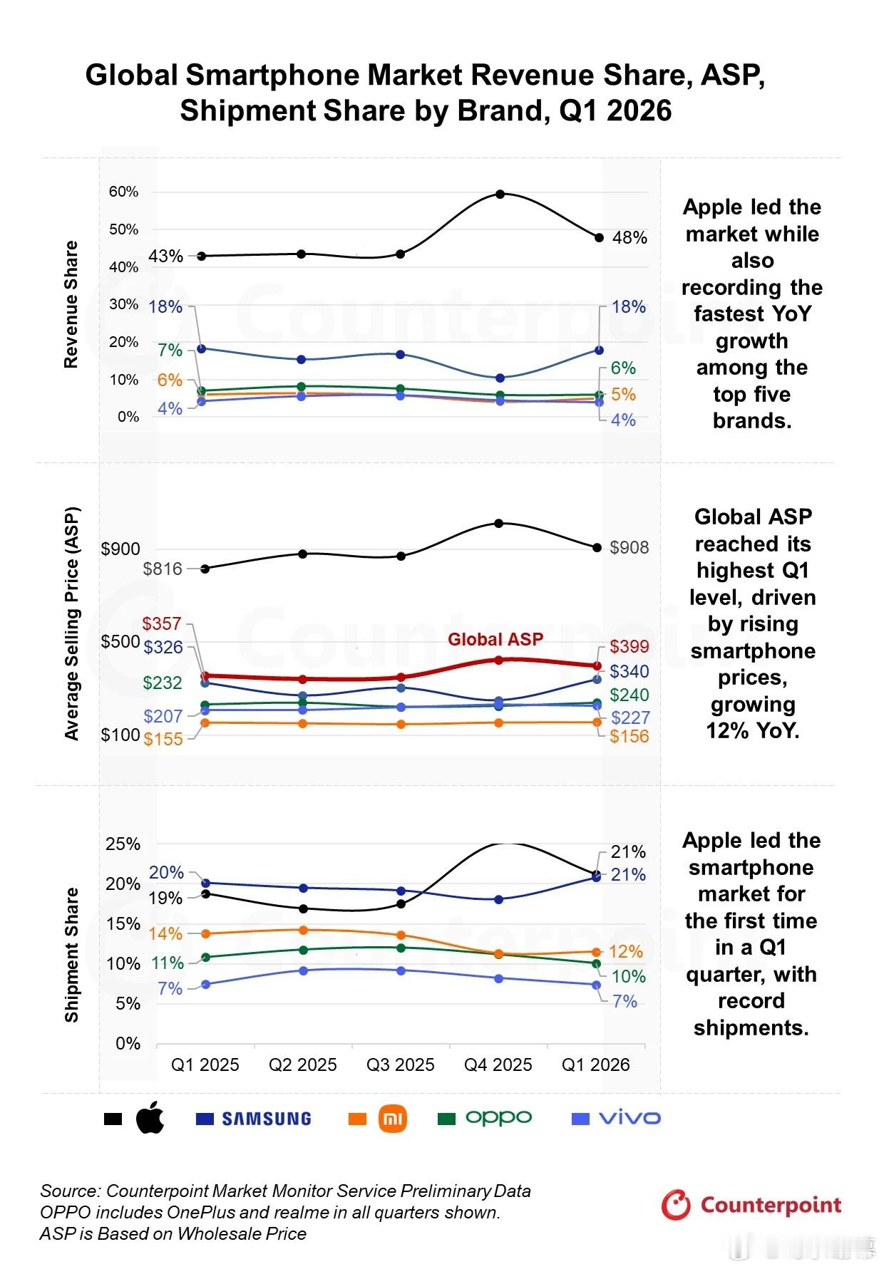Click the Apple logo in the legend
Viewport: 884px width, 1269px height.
pos(150,1117)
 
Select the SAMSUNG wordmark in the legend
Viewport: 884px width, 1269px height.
pos(267,1119)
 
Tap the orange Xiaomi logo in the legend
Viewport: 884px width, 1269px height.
pos(393,1118)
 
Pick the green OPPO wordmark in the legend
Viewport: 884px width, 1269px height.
pos(499,1118)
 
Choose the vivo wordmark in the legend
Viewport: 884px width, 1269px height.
pos(630,1118)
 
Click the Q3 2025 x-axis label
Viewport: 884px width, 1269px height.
pos(401,1065)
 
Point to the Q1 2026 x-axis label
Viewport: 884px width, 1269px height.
pos(596,1065)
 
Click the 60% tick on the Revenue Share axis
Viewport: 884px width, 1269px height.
pos(124,192)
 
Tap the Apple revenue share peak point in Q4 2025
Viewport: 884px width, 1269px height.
pos(500,194)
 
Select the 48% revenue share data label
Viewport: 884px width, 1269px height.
pos(629,238)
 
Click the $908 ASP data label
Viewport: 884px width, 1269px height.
pos(629,547)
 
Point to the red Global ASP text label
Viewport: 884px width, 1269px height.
pos(495,639)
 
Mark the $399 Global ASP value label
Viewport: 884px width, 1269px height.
pos(629,646)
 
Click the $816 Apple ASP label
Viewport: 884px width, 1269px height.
pos(163,569)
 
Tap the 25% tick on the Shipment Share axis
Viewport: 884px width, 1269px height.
pos(123,844)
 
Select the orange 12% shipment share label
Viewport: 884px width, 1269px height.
pos(626,952)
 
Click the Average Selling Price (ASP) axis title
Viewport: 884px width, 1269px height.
pos(72,623)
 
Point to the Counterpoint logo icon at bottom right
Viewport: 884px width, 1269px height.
pos(675,1205)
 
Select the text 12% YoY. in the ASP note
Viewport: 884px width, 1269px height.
pos(753,731)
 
